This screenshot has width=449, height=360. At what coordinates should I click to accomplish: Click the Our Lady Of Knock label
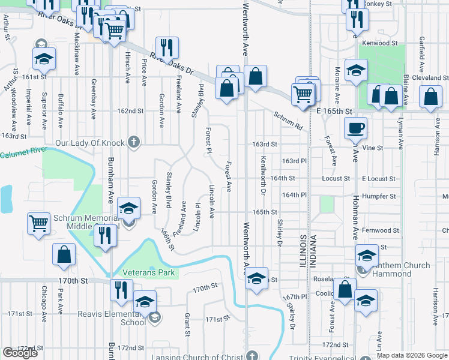click(x=89, y=143)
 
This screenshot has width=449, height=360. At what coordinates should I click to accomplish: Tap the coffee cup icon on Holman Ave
click(x=356, y=128)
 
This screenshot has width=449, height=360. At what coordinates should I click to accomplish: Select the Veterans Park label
click(x=148, y=272)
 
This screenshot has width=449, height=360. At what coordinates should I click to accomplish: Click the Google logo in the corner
click(x=20, y=353)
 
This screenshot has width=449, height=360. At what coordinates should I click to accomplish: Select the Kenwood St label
click(x=378, y=43)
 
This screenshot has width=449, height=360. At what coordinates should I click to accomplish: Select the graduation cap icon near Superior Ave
click(x=44, y=58)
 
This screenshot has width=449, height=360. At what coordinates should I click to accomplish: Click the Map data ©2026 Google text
click(x=412, y=355)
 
